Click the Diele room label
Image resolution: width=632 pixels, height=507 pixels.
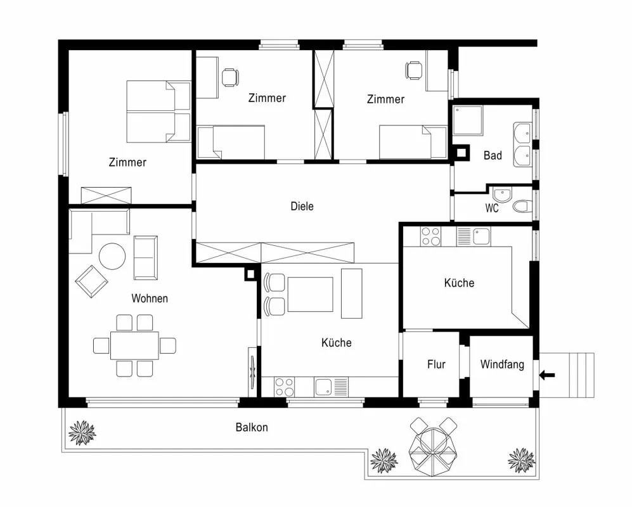302,207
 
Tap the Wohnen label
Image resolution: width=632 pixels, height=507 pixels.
150,298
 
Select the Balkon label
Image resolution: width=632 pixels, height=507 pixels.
252,427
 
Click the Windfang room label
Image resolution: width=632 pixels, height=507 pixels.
502,365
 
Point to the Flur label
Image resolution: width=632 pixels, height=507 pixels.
436,364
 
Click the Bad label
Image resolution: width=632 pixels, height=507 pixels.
493,155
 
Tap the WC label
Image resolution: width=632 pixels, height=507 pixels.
492,208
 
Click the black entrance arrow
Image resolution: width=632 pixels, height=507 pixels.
547,375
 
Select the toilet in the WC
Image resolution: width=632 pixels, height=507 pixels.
522,207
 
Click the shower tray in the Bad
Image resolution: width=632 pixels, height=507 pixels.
468,120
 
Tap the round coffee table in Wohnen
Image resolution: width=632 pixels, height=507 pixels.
112,256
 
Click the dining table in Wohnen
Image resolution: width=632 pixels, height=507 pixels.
134,345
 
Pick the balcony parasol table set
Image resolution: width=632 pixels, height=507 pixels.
434,447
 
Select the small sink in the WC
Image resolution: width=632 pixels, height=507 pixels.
502,195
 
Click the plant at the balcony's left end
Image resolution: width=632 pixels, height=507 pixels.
82,433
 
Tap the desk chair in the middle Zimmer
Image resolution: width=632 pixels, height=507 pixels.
230,77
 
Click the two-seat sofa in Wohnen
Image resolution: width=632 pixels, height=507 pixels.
146,258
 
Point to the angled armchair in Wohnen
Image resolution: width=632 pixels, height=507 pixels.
91,281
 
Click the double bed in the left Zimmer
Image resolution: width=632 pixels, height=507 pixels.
158,112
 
